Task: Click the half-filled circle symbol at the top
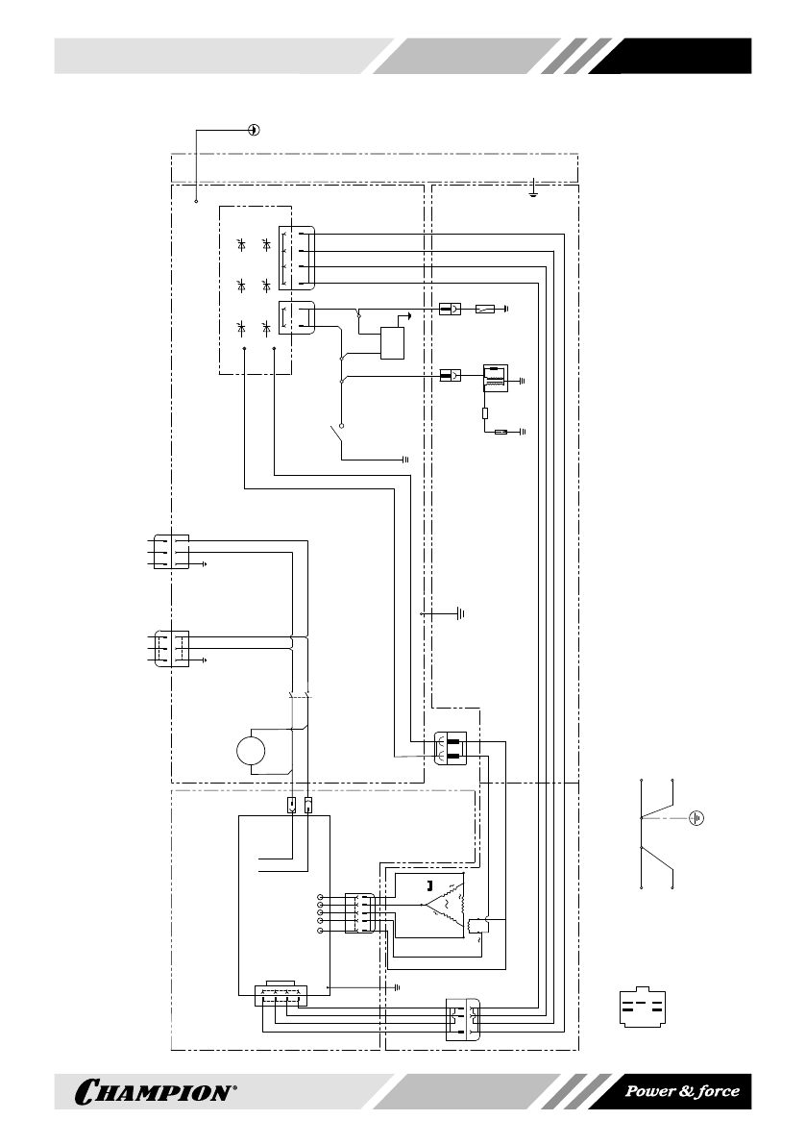[253, 130]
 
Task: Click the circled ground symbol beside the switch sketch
[698, 818]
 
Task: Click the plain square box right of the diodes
[392, 342]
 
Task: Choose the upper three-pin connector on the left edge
[171, 553]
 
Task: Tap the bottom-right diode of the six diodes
[264, 327]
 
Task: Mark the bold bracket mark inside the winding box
[429, 884]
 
